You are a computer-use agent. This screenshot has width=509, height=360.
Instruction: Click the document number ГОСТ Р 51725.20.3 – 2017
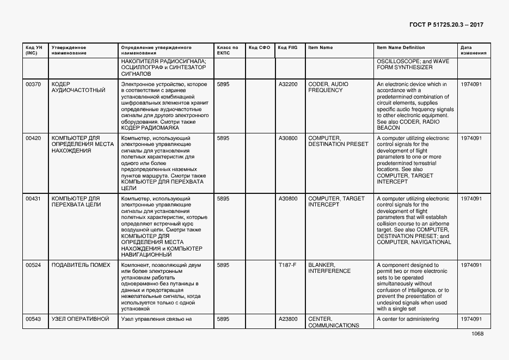click(446, 25)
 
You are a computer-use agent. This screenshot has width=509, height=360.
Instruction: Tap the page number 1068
click(477, 334)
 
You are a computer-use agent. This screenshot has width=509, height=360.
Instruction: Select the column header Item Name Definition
click(401, 48)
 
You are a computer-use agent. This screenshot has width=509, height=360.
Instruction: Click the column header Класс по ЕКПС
click(228, 51)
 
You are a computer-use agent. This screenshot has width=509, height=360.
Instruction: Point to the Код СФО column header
click(259, 48)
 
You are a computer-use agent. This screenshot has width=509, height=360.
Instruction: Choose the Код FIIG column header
click(287, 48)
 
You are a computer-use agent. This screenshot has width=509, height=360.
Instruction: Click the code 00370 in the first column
click(33, 84)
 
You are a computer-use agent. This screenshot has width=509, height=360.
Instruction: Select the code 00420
click(33, 138)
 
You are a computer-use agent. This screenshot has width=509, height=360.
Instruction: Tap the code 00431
click(33, 199)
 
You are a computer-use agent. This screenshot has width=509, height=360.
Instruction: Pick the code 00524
click(33, 265)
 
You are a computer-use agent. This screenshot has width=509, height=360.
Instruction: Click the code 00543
click(33, 319)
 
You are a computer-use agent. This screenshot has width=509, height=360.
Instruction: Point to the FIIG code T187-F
click(287, 265)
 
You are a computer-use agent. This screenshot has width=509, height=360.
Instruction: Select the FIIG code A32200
click(288, 84)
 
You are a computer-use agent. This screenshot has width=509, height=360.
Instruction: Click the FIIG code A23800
click(288, 319)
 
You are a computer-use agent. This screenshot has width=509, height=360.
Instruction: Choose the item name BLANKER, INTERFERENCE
click(329, 268)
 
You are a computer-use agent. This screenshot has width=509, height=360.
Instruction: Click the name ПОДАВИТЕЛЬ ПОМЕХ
click(81, 265)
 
